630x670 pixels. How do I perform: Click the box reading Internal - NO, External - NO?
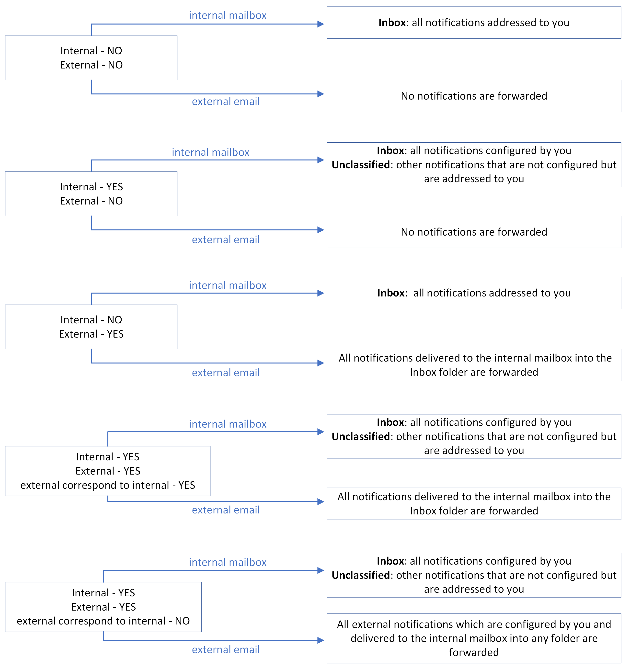pos(91,58)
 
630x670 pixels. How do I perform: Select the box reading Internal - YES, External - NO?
pos(91,194)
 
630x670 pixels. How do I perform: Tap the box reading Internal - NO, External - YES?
pos(91,327)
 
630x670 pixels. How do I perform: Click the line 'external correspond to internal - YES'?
pos(107,485)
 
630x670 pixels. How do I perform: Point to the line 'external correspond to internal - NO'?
pos(103,621)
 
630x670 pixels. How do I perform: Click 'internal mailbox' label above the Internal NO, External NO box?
pos(228,15)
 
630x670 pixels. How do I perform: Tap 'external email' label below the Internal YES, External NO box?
pos(226,240)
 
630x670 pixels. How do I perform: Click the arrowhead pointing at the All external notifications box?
pos(321,640)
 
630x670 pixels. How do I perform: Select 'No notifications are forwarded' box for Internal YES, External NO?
pos(474,232)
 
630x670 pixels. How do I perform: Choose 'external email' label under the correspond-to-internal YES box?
pos(226,510)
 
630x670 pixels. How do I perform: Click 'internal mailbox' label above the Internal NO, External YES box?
pos(228,285)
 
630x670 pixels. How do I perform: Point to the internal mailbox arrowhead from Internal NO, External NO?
pos(321,24)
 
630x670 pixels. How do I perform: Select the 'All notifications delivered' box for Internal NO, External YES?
pos(474,365)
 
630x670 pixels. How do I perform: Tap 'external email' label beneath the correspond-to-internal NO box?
pos(226,649)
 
